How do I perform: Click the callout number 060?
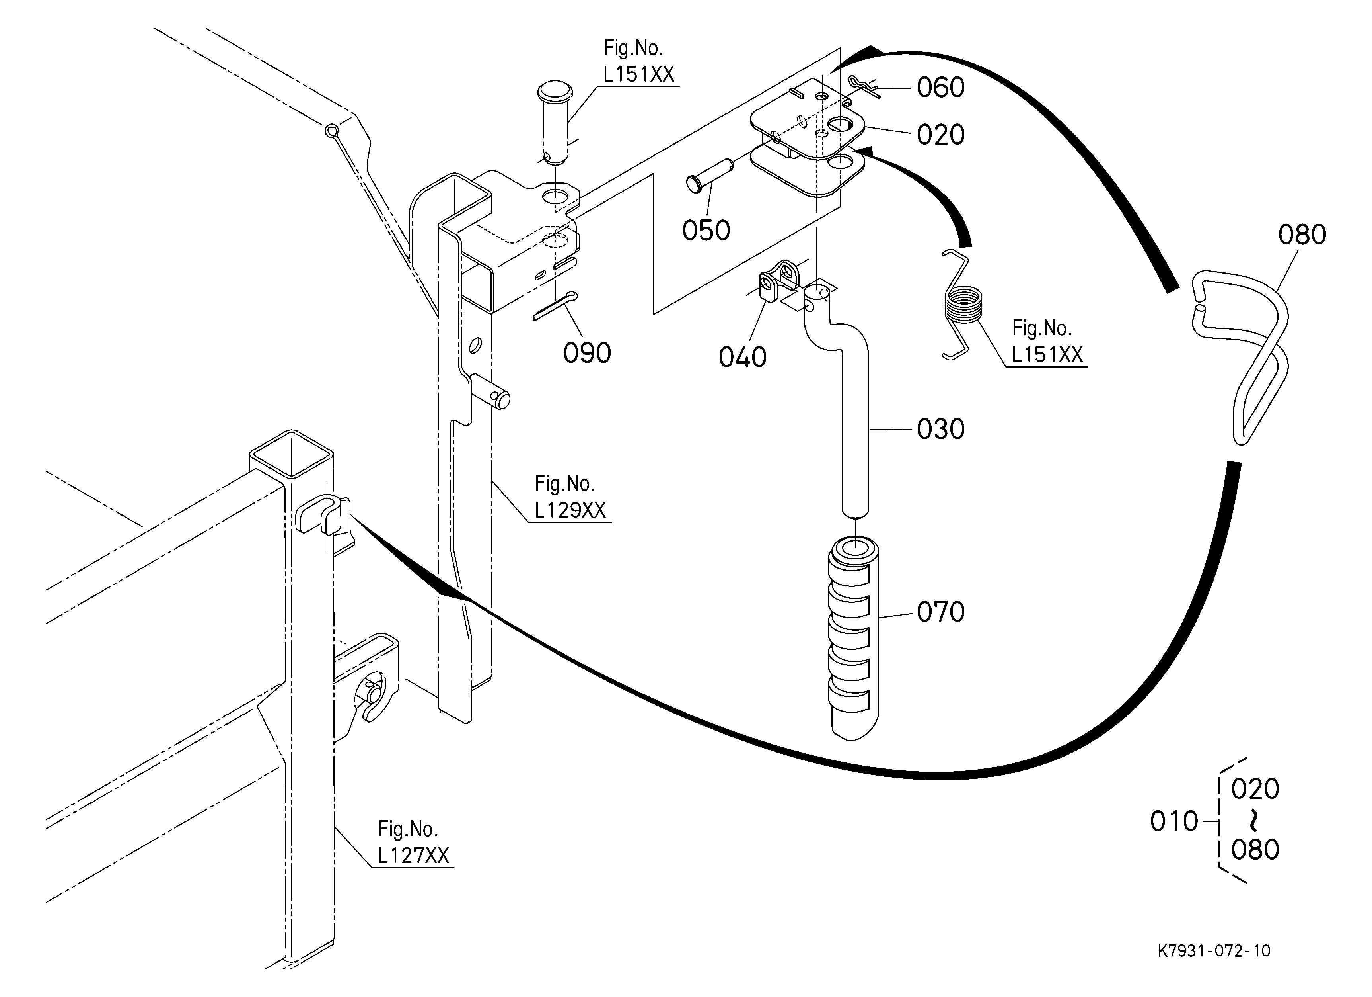click(941, 88)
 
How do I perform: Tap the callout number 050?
click(706, 231)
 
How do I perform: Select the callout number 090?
click(587, 353)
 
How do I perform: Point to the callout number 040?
click(742, 357)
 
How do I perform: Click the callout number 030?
click(941, 429)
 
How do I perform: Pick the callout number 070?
click(941, 612)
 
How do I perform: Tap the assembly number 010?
click(1173, 821)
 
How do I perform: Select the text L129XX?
click(570, 510)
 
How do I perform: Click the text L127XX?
click(413, 855)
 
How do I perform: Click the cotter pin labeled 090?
click(555, 306)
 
